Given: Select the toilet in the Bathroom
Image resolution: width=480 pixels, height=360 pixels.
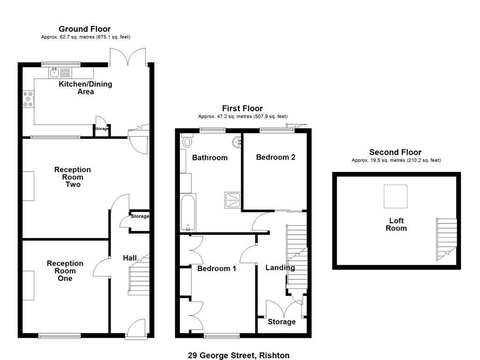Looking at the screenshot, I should point(187,141).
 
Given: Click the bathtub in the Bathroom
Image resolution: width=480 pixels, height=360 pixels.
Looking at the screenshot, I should point(186,213).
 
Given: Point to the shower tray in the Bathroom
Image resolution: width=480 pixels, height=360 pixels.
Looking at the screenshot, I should point(232,200).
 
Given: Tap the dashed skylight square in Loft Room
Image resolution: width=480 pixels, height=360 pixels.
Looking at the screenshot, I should point(396,196).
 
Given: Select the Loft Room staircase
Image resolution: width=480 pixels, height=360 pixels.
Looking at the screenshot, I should point(446,238).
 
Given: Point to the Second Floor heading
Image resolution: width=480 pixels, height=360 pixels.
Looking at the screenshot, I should point(395,152).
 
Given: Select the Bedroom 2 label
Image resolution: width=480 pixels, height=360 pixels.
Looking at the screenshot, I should point(275,157).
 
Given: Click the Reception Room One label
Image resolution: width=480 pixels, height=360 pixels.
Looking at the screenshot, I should point(65,271).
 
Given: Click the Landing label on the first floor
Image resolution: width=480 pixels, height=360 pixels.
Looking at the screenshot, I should point(280,268).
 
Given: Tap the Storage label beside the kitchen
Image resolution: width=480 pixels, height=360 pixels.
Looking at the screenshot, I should point(102,129).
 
